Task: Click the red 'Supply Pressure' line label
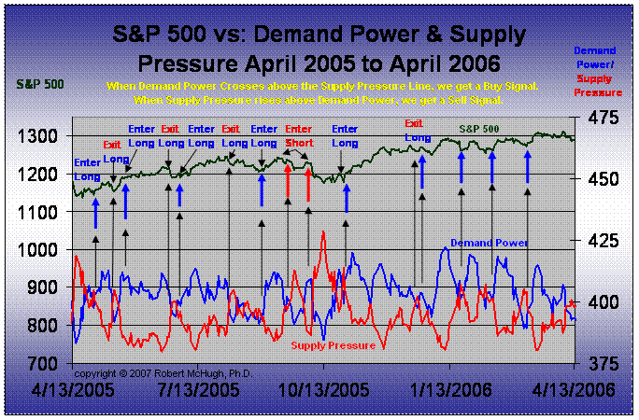[333, 345]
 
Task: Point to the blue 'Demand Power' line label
[490, 243]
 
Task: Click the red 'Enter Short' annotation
[299, 135]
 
